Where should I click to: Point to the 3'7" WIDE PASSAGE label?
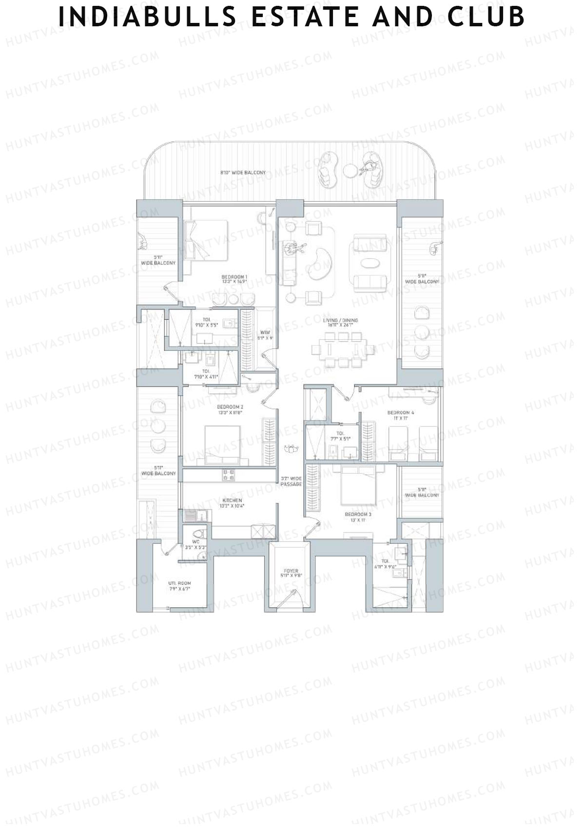[291, 481]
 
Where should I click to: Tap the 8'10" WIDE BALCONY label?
[243, 173]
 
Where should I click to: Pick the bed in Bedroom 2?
[222, 444]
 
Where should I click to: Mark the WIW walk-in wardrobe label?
[265, 335]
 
